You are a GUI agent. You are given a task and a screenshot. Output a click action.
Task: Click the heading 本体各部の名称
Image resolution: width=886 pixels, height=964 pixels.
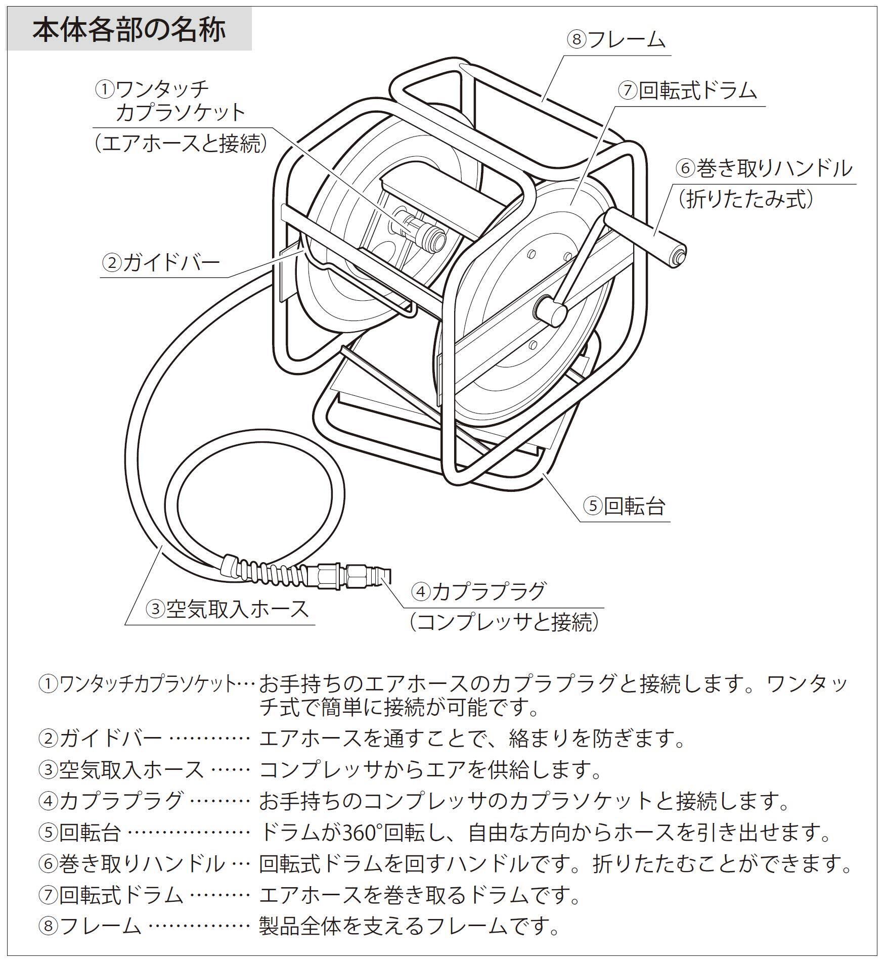[x=129, y=30]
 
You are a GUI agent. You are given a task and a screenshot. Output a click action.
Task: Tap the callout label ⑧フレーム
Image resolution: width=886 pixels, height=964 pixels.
[x=615, y=40]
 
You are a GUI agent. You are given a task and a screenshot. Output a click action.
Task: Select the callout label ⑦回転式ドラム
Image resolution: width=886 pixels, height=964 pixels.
[x=688, y=91]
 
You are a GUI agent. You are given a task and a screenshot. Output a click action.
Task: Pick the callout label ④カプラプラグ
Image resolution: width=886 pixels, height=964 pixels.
[x=478, y=591]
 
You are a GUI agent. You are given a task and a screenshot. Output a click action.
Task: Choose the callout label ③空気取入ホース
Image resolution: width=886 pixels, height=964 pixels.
[x=227, y=609]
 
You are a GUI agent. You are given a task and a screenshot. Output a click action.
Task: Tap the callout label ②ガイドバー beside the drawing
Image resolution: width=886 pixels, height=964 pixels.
[x=161, y=262]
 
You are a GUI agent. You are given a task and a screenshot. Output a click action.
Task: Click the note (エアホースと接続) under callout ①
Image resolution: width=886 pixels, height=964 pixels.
[x=180, y=144]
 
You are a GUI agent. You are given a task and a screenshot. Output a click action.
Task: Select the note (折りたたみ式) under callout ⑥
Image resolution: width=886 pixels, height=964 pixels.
[x=746, y=199]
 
